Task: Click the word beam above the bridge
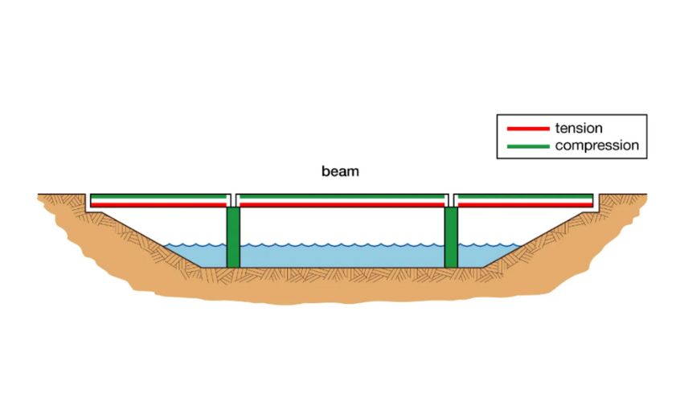click(340, 171)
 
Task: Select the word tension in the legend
click(579, 129)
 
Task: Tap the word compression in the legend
click(596, 146)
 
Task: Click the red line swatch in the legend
click(528, 129)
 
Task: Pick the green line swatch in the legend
click(528, 146)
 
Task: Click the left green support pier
click(233, 237)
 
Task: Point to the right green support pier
click(451, 237)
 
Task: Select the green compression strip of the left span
click(158, 197)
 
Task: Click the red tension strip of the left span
click(158, 205)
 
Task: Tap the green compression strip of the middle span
click(342, 197)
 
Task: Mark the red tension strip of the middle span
click(342, 205)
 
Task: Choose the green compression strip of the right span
click(525, 197)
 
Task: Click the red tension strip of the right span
click(525, 205)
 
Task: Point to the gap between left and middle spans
click(233, 200)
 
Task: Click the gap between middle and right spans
click(451, 200)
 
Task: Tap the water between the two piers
click(342, 256)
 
